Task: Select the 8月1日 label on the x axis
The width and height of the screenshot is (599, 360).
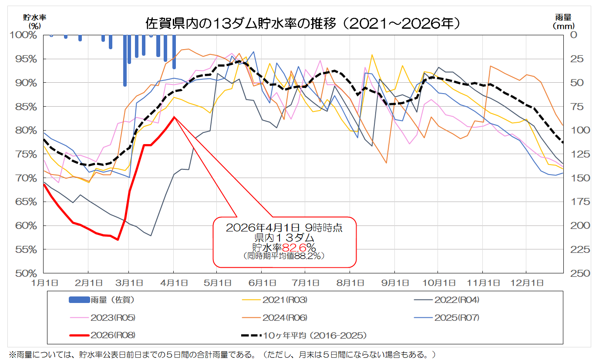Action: click(x=350, y=283)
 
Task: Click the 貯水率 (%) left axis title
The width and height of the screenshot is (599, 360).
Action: click(x=34, y=21)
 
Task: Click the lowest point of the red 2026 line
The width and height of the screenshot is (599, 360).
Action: click(x=118, y=239)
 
